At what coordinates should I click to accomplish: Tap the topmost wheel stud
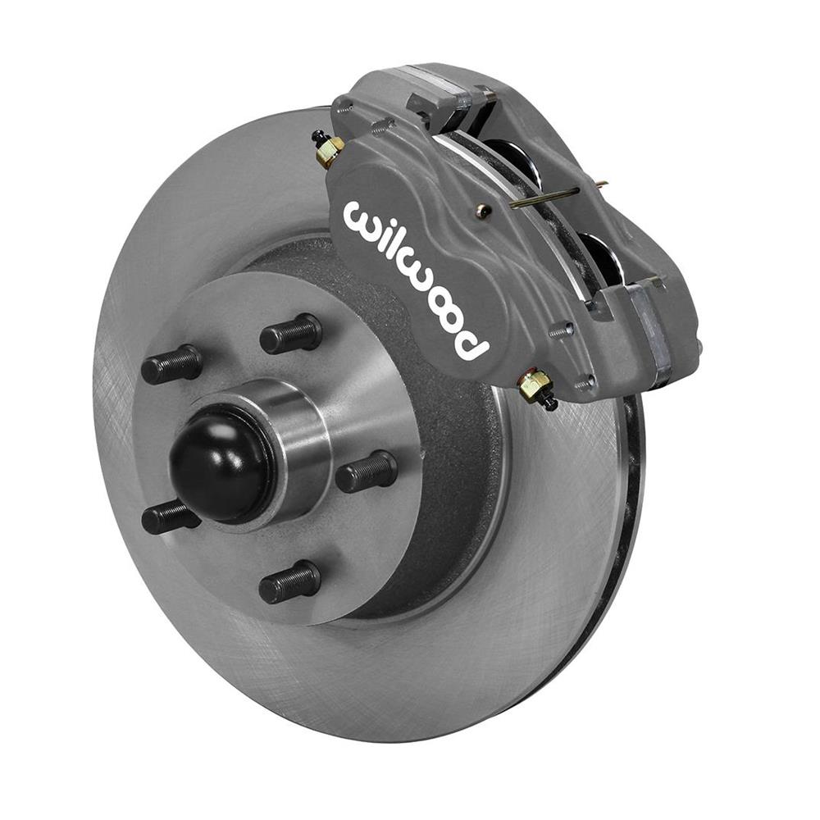click(290, 333)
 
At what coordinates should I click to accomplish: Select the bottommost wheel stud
click(289, 582)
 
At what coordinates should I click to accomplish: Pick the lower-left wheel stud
click(171, 517)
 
